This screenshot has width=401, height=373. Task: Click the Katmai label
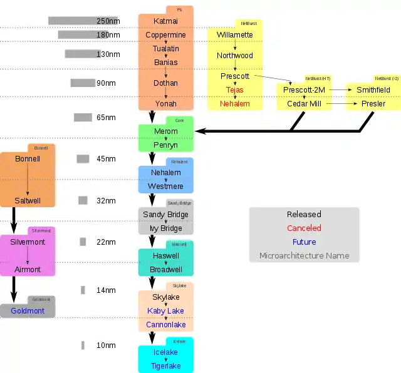[165, 21]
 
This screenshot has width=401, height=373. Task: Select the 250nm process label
[107, 21]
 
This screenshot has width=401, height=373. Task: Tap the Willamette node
[235, 35]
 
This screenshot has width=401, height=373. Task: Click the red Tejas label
[235, 90]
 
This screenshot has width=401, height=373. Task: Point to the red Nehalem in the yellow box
[235, 104]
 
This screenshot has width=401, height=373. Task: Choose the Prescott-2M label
[303, 90]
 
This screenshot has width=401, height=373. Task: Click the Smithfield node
[373, 90]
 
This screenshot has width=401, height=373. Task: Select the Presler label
[373, 104]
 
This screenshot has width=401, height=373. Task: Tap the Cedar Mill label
[304, 104]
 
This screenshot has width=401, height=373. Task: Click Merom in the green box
[165, 131]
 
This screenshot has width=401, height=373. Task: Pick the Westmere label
[165, 186]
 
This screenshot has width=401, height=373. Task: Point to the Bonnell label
[28, 159]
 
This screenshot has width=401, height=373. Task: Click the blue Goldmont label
[28, 310]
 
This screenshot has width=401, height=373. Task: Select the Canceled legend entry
[304, 228]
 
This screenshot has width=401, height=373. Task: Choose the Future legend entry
[304, 242]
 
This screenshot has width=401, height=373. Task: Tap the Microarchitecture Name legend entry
[304, 256]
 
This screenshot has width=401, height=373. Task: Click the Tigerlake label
[165, 366]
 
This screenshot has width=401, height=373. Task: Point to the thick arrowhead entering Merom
[200, 131]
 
